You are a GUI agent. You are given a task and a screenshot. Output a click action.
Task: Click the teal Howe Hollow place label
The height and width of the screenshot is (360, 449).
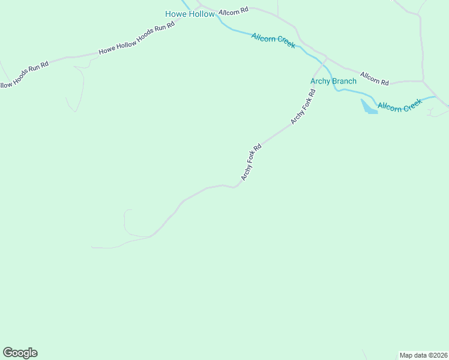click(190, 14)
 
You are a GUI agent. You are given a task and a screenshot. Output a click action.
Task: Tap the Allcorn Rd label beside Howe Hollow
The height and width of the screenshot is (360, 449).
click(234, 11)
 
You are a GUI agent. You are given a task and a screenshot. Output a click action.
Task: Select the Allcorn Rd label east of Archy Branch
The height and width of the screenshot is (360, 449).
click(376, 78)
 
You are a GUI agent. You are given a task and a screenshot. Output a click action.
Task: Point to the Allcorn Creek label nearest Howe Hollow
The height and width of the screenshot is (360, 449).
click(273, 41)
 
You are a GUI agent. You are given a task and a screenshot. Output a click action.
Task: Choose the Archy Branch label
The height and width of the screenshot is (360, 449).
click(333, 81)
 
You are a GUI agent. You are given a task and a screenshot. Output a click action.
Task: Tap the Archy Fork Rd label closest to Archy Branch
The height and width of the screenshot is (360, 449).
click(303, 107)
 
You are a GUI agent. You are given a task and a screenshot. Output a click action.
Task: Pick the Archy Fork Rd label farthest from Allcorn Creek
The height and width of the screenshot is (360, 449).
click(252, 162)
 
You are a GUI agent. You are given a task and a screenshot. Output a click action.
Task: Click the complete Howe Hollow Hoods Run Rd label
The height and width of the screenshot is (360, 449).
click(136, 39)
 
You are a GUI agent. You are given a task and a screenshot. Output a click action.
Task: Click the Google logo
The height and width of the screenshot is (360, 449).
click(20, 353)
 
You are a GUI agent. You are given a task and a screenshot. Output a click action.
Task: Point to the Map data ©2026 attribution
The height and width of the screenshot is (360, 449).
click(423, 355)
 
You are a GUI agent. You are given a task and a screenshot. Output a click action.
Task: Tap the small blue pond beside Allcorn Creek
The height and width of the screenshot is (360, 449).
click(368, 107)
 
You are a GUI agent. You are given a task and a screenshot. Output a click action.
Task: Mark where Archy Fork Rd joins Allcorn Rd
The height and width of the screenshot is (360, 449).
click(326, 59)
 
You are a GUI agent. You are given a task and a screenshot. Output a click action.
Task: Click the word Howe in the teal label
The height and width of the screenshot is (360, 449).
click(176, 14)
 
